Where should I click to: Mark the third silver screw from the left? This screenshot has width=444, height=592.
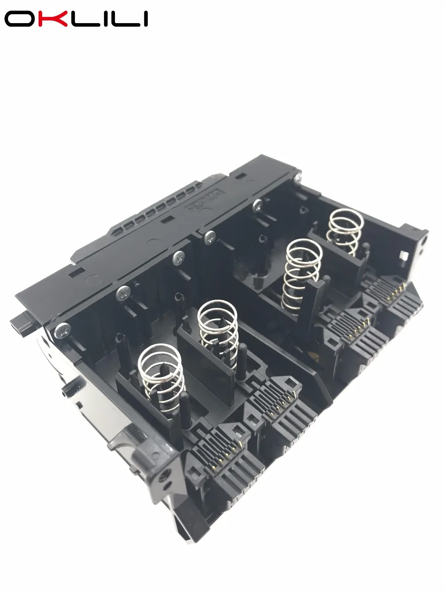179,256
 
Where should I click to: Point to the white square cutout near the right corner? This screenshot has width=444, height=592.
404,257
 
